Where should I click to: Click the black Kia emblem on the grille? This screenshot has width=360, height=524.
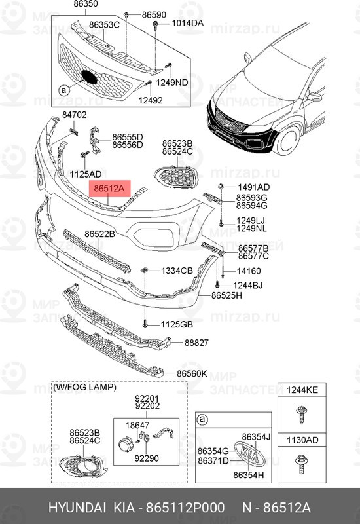click(88, 77)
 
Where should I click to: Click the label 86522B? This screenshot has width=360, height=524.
click(99, 234)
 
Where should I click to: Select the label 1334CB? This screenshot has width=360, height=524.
click(176, 271)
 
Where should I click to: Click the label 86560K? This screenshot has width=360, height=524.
click(192, 373)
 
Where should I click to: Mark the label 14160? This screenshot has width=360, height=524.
click(249, 271)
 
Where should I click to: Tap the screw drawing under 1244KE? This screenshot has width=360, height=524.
click(303, 415)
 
